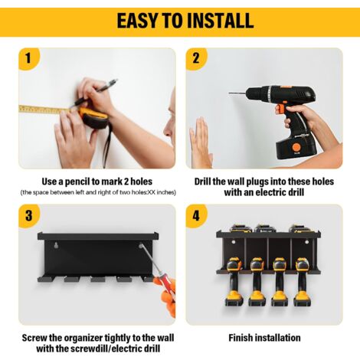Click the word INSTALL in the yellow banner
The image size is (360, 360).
220,21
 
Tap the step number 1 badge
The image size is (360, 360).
28,58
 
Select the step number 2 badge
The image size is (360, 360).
196,58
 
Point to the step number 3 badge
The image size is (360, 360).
28,215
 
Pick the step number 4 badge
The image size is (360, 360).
196,215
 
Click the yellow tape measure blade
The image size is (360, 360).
44,110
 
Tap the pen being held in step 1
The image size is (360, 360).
93,93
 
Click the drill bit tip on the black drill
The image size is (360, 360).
230,93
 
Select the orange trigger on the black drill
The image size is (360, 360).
280,109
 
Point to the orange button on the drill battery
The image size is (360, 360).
296,147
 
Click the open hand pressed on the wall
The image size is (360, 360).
201,142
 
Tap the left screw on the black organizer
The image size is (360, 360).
56,245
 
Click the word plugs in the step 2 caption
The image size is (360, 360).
257,182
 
